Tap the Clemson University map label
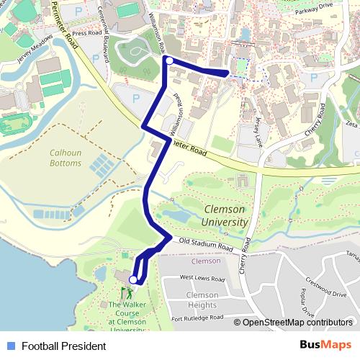225,215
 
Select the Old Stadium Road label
207,245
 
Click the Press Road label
88,32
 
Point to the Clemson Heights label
202,300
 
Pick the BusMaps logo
325,346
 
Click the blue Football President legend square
11,346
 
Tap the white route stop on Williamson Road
168,61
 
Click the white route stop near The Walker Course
132,279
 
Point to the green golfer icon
127,293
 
